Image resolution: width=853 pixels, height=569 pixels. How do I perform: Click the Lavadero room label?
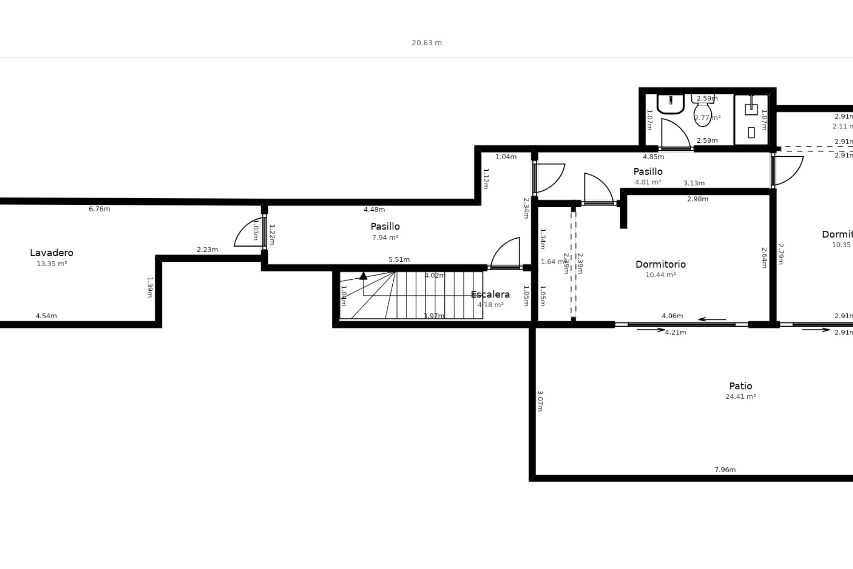click(x=52, y=252)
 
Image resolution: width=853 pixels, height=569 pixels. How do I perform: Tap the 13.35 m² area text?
click(x=52, y=264)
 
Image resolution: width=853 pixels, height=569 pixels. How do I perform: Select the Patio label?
click(x=741, y=386)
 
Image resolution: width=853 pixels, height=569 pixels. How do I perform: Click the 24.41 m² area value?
click(x=741, y=397)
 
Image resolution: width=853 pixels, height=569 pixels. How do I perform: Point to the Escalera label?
click(x=490, y=294)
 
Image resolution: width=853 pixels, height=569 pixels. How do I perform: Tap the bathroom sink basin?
click(x=670, y=105)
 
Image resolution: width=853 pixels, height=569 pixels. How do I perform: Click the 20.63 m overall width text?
click(x=426, y=43)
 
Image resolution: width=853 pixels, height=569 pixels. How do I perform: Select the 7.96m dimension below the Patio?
click(x=725, y=469)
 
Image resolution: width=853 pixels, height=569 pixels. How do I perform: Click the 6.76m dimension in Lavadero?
click(x=100, y=209)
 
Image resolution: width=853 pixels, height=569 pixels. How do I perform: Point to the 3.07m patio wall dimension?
click(x=540, y=401)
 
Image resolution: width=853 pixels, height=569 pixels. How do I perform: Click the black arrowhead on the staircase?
click(x=363, y=276)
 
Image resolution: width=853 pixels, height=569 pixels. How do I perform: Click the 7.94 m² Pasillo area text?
click(x=385, y=237)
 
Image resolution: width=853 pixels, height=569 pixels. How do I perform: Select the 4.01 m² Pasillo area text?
click(x=648, y=182)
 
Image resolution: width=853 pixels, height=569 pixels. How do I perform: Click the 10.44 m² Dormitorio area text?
click(x=661, y=275)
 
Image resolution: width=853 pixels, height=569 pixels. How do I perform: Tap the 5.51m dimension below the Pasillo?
click(x=399, y=260)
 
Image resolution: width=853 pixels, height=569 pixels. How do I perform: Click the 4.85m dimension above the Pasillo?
click(x=654, y=157)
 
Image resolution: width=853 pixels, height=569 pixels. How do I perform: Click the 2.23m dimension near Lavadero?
click(x=207, y=249)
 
